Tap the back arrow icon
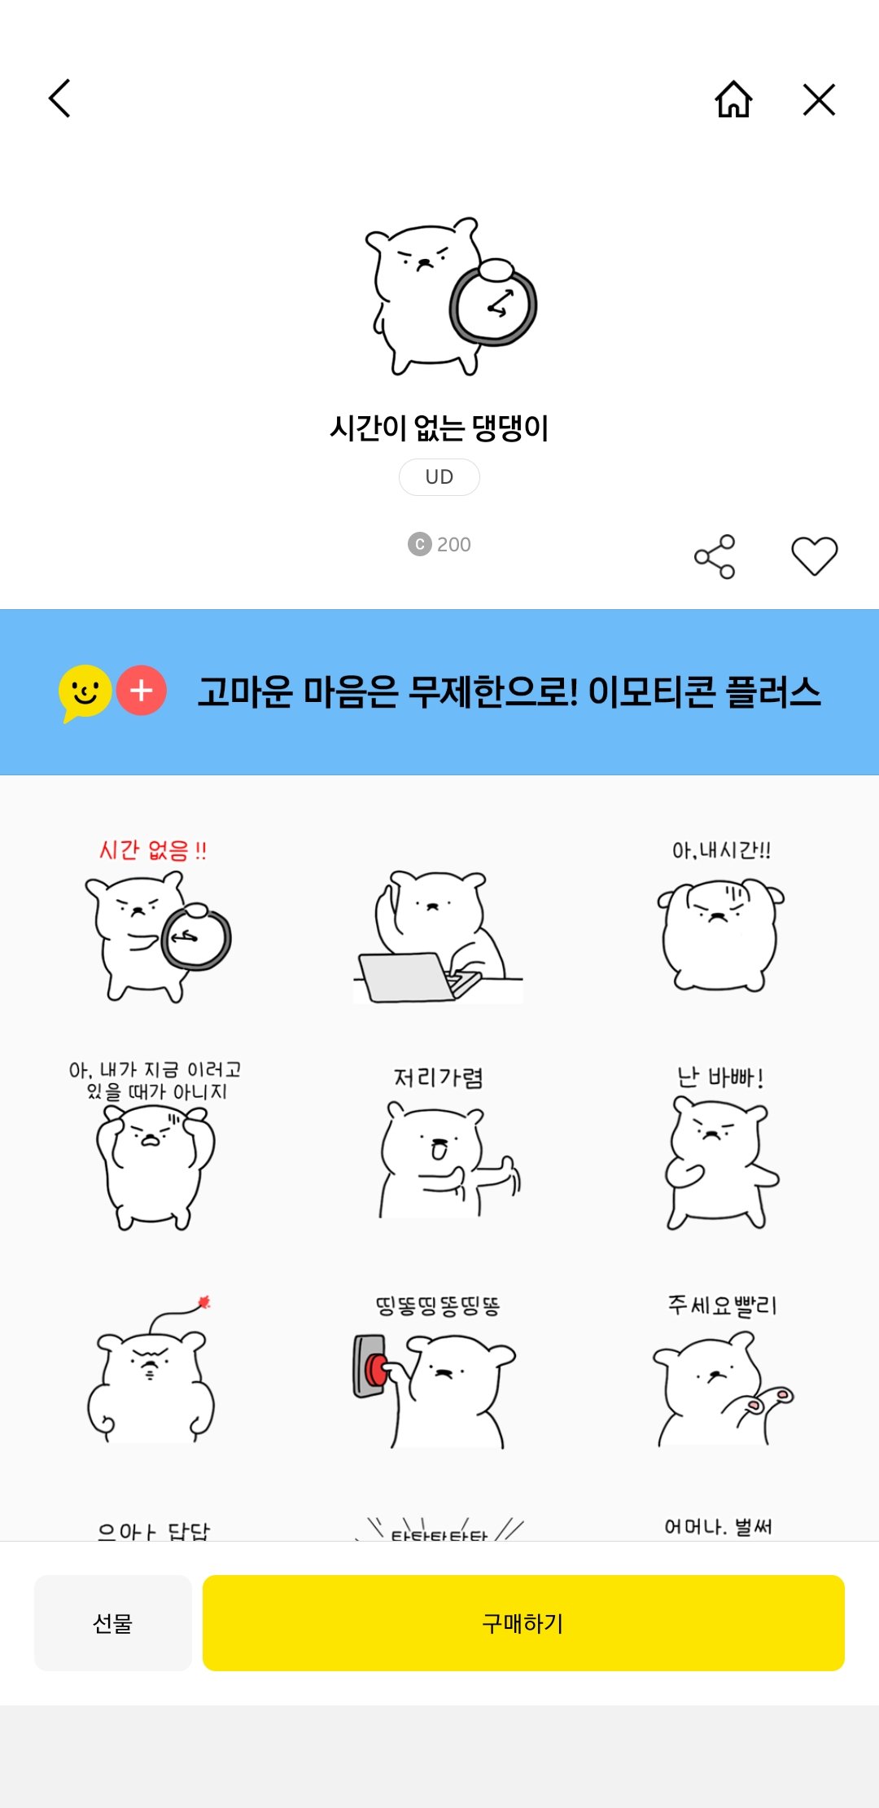coord(60,99)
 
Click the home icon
coord(733,99)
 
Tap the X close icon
coord(819,99)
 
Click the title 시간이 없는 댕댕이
coord(439,428)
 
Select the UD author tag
coord(439,477)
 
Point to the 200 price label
coord(439,544)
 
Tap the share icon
coord(715,557)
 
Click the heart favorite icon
coord(814,557)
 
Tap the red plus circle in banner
coord(142,691)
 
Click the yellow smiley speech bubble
coord(85,692)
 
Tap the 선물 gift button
coord(112,1623)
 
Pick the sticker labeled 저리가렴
coord(439,1148)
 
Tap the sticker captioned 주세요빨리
coord(719,1376)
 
